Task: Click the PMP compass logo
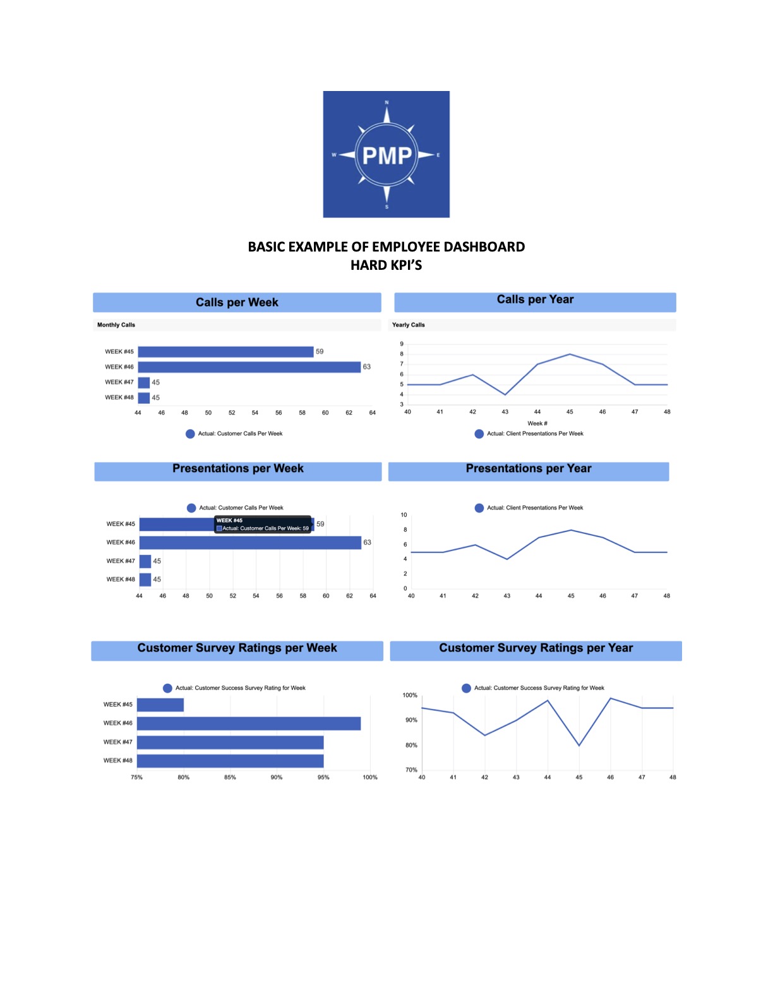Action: pyautogui.click(x=386, y=154)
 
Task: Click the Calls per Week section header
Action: pyautogui.click(x=237, y=302)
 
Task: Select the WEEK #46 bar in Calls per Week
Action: pyautogui.click(x=249, y=367)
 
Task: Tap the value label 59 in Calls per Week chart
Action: pyautogui.click(x=320, y=351)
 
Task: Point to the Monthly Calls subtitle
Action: pyautogui.click(x=116, y=325)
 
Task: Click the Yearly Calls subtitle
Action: pyautogui.click(x=409, y=325)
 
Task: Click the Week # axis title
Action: pyautogui.click(x=537, y=423)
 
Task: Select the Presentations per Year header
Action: pyautogui.click(x=529, y=469)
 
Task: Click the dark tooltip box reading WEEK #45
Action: pyautogui.click(x=263, y=525)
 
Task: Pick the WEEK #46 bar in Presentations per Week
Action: pyautogui.click(x=250, y=543)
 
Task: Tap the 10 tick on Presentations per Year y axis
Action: pyautogui.click(x=404, y=515)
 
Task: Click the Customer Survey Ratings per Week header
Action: pyautogui.click(x=237, y=648)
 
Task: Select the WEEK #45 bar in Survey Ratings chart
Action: pyautogui.click(x=160, y=705)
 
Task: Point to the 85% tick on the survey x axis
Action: pyautogui.click(x=230, y=777)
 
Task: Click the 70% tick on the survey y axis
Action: pyautogui.click(x=411, y=770)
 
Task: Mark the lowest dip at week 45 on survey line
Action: pyautogui.click(x=579, y=746)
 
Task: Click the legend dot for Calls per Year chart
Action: pyautogui.click(x=479, y=434)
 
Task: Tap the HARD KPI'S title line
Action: pyautogui.click(x=386, y=265)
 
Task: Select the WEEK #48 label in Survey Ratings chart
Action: pyautogui.click(x=118, y=761)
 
